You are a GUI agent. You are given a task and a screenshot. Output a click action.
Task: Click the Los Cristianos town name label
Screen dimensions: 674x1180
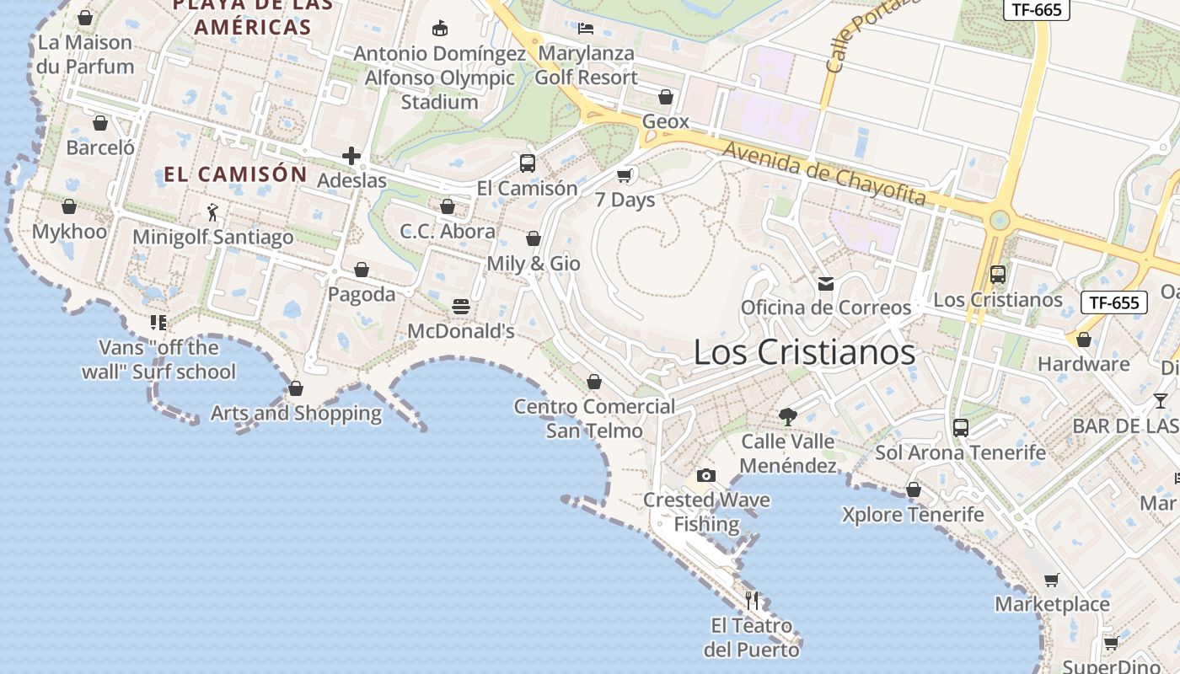[804, 352]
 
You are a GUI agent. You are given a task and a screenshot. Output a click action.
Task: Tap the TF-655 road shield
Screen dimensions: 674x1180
[1113, 302]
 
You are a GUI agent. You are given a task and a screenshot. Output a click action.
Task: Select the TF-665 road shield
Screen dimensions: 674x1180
[1036, 9]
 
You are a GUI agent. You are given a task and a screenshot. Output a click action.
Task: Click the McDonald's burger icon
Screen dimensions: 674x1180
[461, 307]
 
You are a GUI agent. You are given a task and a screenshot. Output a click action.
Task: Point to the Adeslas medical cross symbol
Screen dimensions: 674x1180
[351, 156]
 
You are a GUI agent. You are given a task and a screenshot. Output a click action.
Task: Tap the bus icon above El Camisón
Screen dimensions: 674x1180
[528, 163]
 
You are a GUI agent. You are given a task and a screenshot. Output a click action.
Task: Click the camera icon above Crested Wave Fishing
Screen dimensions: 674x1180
[706, 476]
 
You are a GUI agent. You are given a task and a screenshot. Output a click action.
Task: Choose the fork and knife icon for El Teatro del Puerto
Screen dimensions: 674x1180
[753, 601]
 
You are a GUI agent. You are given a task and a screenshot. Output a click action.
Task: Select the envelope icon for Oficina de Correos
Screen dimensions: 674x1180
[826, 284]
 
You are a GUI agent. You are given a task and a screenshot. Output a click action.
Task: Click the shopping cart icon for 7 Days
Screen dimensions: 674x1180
[625, 175]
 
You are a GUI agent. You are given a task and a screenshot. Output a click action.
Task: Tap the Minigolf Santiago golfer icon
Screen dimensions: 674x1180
[212, 212]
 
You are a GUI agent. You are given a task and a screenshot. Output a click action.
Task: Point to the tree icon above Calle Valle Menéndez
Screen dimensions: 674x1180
[788, 416]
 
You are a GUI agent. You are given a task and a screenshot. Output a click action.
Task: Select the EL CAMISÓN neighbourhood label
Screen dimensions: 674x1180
[235, 174]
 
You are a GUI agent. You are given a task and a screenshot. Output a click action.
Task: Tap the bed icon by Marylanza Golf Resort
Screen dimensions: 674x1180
[586, 29]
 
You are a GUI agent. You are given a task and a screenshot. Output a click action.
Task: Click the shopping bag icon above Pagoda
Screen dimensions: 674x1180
[362, 270]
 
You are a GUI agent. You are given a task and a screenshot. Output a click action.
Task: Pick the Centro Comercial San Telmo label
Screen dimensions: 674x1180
[594, 419]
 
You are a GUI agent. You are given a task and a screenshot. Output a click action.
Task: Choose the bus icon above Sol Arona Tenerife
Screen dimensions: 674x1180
[960, 428]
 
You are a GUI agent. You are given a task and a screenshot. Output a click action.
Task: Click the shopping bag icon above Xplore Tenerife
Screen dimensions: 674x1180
[914, 489]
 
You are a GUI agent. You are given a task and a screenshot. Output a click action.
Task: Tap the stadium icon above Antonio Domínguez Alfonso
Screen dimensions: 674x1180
[439, 29]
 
